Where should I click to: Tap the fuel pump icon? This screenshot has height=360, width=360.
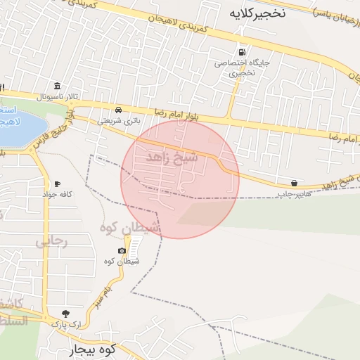pos(243,51)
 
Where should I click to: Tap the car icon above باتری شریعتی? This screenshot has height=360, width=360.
pos(119,110)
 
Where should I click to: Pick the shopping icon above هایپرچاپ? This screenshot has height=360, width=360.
pos(293,183)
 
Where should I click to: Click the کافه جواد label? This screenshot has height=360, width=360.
pos(58,194)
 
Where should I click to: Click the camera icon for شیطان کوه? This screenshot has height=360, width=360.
pos(122,251)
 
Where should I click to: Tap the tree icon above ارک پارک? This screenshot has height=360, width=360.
pos(65,314)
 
